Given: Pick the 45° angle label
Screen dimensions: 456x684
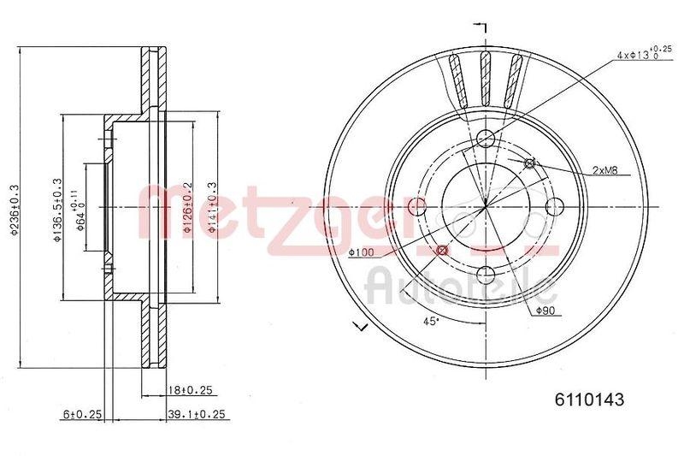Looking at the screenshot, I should (x=433, y=321).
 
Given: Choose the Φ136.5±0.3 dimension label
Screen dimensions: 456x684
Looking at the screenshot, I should (x=57, y=210).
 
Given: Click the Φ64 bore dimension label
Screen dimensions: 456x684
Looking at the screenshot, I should (x=78, y=210).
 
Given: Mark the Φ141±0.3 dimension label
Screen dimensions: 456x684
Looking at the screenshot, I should (x=210, y=210).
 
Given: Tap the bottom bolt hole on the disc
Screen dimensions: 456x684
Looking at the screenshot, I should (x=486, y=274).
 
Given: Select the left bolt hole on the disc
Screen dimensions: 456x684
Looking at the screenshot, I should (x=418, y=206).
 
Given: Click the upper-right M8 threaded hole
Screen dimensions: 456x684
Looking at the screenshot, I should (x=528, y=163).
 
